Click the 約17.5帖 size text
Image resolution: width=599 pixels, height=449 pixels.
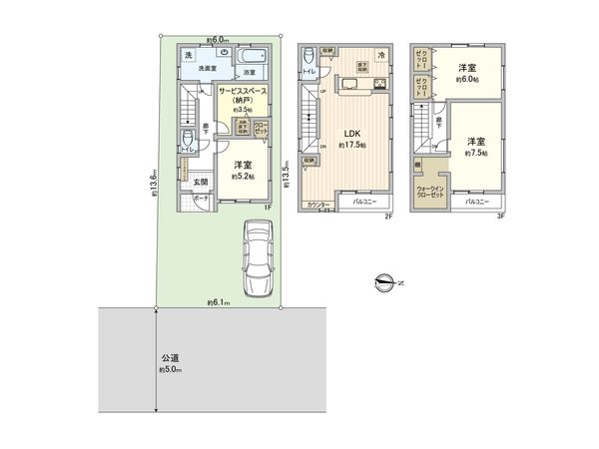[352, 146]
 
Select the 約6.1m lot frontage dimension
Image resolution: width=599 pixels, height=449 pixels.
[219, 301]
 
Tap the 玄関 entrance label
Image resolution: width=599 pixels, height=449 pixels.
[200, 181]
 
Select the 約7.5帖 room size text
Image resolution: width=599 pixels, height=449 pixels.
[473, 154]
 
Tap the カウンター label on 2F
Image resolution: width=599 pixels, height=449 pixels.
[319, 205]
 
